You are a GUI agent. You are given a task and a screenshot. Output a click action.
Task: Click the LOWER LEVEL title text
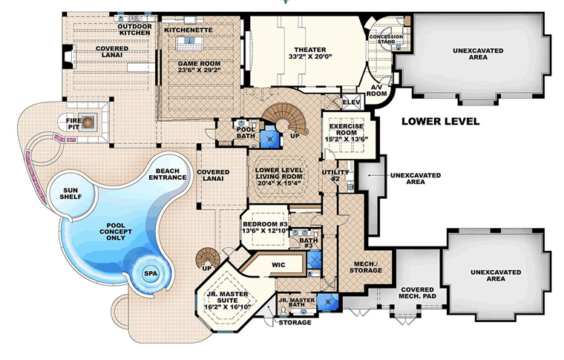440,121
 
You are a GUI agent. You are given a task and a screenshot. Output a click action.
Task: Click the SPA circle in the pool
151,273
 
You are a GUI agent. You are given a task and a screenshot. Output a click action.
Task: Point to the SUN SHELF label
70,194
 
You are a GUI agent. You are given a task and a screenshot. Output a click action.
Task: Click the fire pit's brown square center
87,122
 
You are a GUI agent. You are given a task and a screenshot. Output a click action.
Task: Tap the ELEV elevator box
352,102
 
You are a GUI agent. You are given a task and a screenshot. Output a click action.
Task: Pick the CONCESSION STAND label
387,39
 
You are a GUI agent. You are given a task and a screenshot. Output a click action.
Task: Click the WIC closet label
278,265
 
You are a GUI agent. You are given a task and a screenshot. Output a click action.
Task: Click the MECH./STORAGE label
366,267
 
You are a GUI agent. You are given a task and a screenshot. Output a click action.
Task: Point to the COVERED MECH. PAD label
417,292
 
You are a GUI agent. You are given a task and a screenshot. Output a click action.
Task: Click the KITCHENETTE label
188,30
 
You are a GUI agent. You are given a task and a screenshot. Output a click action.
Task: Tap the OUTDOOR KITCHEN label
135,30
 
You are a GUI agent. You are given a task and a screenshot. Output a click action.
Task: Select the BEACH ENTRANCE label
168,174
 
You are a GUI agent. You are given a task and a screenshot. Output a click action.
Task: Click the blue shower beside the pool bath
269,137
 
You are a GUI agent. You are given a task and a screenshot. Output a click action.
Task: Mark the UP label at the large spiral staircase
295,136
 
